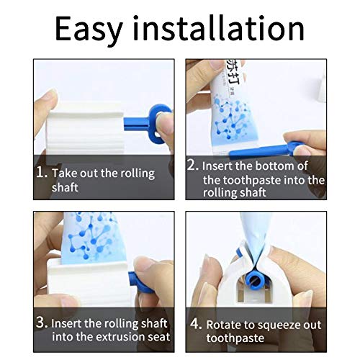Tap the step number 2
[192, 165]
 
